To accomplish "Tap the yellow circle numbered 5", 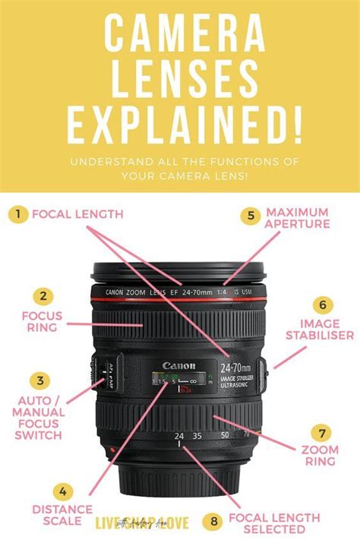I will (x=251, y=215).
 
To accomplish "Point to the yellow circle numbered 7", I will (x=323, y=434).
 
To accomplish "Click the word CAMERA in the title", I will (x=179, y=39).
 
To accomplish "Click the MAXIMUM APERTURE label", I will (x=297, y=218).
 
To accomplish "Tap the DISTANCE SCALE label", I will (x=62, y=514).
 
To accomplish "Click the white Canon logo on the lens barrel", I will (x=178, y=366).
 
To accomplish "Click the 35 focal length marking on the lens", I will (x=198, y=436).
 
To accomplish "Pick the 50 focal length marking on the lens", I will (x=226, y=436).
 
